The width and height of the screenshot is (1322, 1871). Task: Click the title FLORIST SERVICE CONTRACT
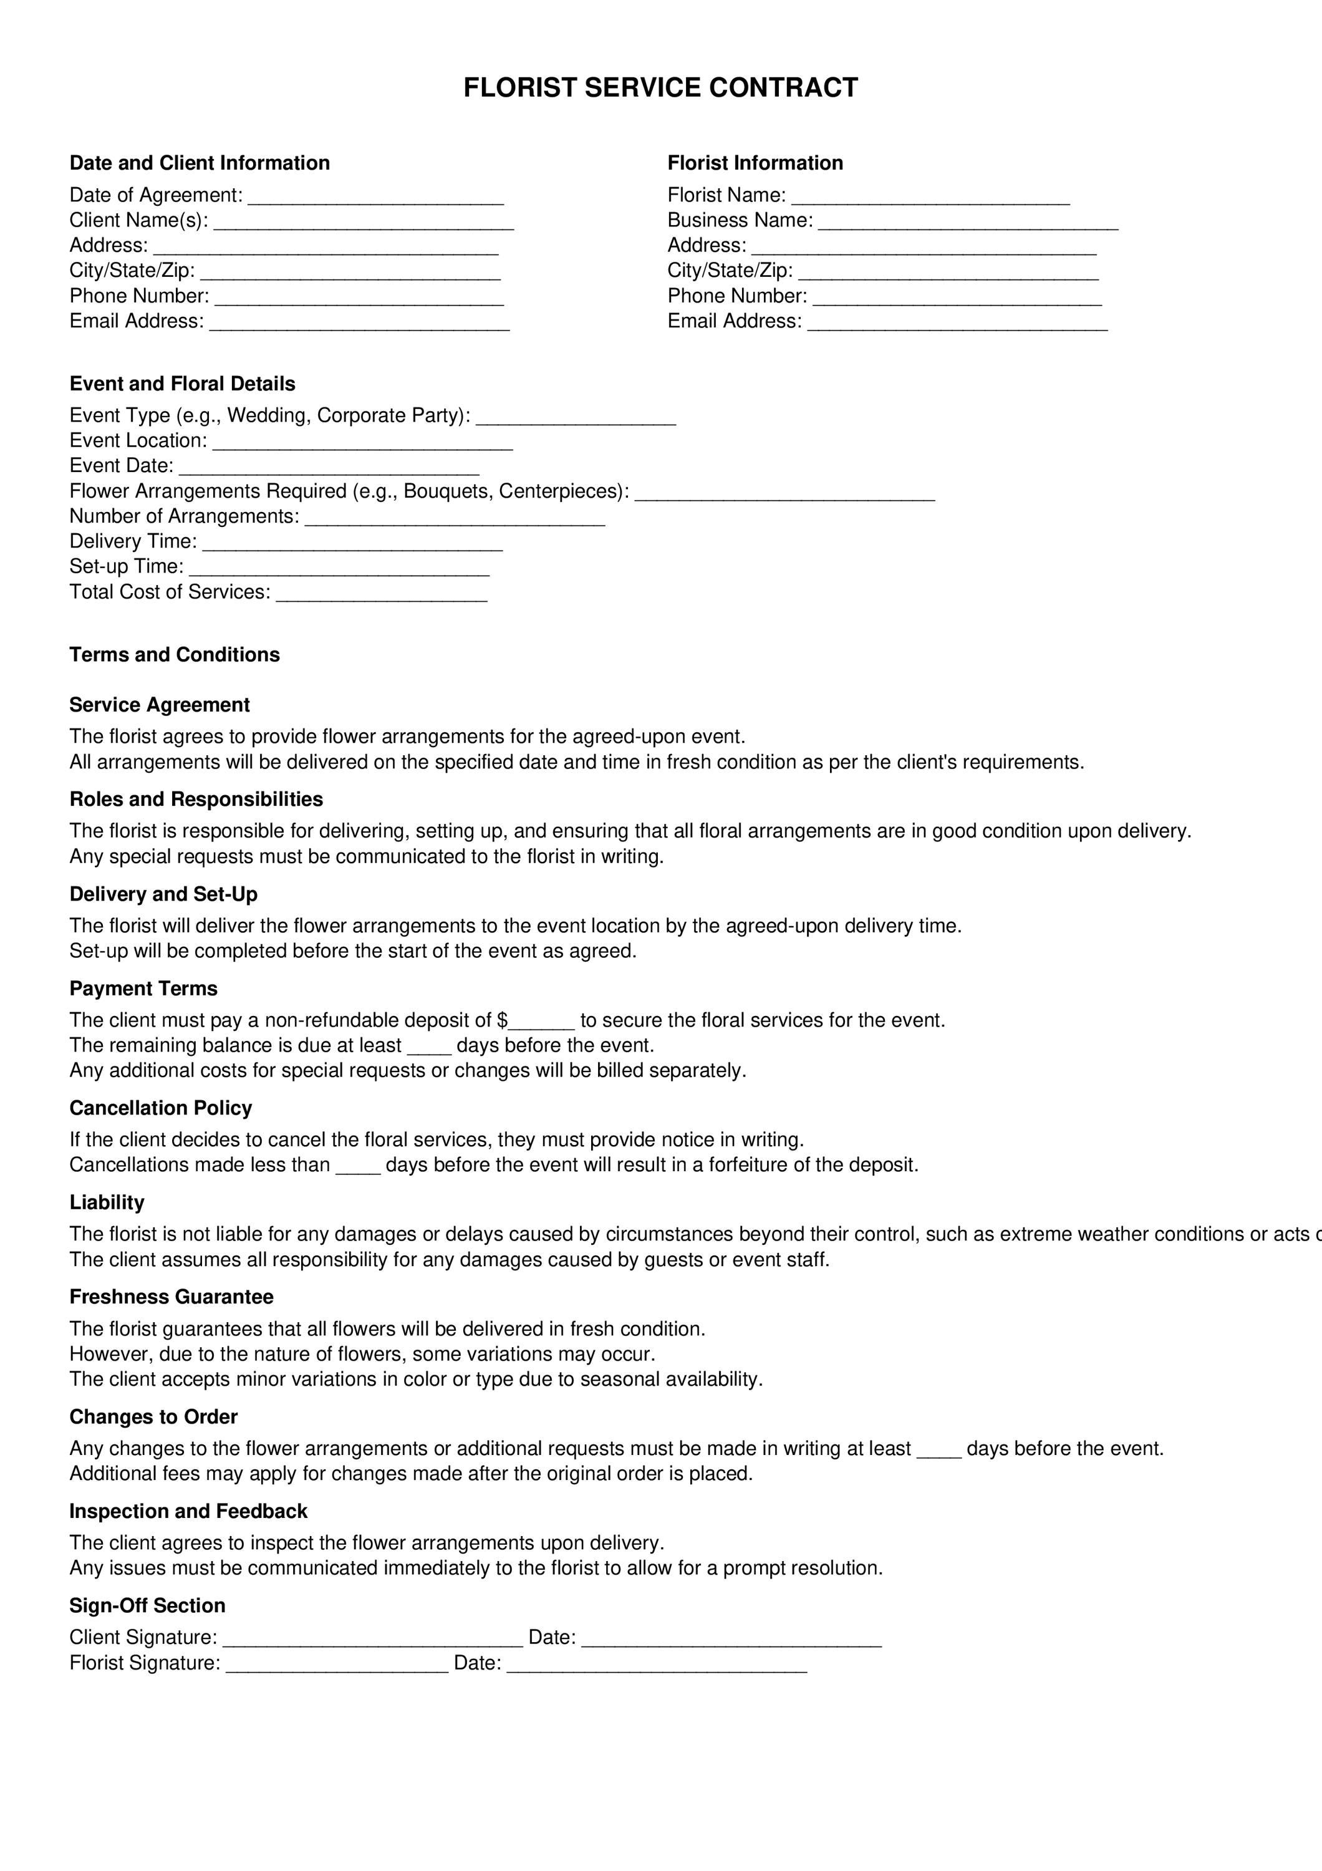(x=660, y=88)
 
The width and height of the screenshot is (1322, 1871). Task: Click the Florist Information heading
(x=755, y=163)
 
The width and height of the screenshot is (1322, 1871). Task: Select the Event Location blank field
(x=362, y=445)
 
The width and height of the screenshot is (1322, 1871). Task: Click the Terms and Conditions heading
(x=175, y=654)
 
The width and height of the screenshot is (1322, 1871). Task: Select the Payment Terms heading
(x=143, y=989)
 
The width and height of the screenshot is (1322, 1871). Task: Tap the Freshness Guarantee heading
(x=171, y=1297)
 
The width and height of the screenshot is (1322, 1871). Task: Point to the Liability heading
(x=107, y=1202)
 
